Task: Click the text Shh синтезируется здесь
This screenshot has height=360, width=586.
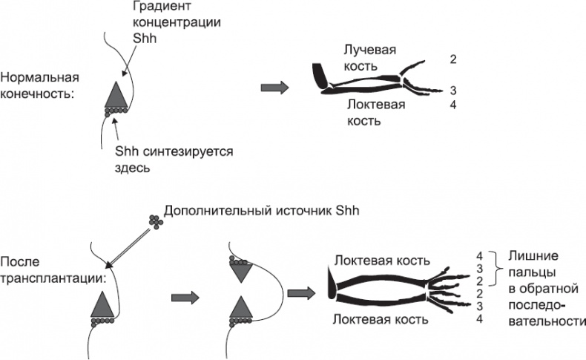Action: point(174,159)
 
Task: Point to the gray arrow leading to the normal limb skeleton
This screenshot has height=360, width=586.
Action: point(275,87)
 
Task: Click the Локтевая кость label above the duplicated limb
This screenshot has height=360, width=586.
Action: point(381,261)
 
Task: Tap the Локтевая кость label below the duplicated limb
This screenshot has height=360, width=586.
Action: point(381,320)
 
